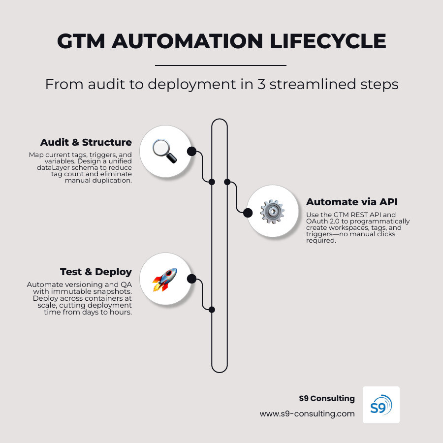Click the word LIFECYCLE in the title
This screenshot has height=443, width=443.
point(328,41)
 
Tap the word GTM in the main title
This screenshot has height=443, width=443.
point(81,41)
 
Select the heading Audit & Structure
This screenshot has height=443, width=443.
point(86,142)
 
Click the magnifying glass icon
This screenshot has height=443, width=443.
point(165,151)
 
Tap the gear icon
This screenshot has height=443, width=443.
point(272,212)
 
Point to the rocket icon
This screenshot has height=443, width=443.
point(165,280)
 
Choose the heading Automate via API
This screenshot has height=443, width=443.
point(352,202)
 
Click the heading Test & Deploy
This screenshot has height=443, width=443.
point(96,272)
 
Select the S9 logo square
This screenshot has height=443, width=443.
point(381,405)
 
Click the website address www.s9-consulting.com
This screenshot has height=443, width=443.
point(307,414)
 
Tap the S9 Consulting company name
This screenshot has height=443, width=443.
point(327,398)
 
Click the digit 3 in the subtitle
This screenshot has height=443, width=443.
point(261,85)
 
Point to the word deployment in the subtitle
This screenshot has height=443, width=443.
point(192,85)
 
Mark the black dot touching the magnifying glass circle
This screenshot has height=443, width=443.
point(192,152)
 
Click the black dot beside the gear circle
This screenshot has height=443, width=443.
point(248,213)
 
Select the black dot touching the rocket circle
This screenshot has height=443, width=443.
point(192,279)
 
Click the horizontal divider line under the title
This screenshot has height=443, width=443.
point(221,65)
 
